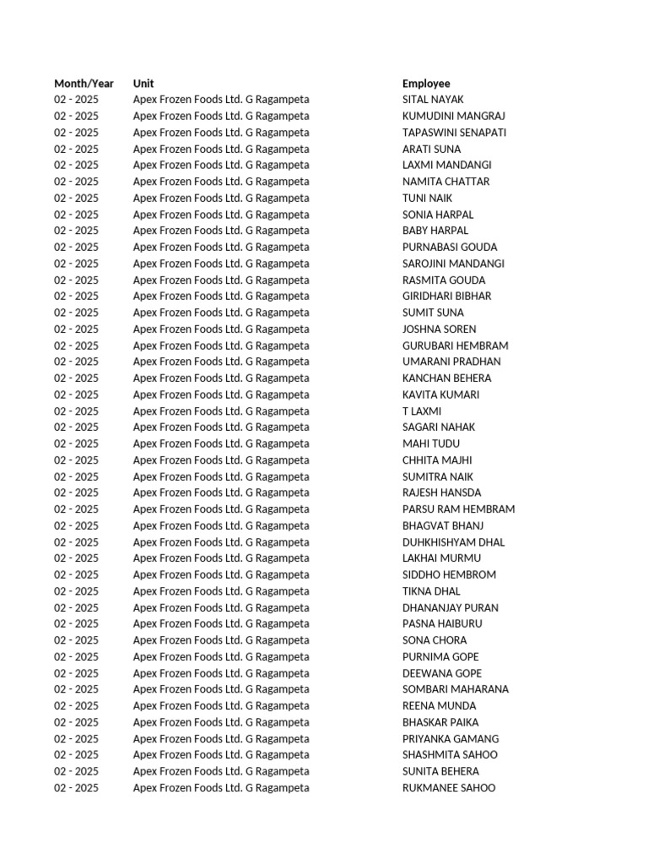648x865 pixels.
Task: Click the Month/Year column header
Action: pyautogui.click(x=84, y=84)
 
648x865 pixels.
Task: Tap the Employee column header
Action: pyautogui.click(x=426, y=84)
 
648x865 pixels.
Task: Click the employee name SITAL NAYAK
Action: pyautogui.click(x=433, y=100)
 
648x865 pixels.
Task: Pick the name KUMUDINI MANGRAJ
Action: pyautogui.click(x=454, y=116)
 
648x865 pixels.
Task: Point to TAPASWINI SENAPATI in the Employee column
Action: pyautogui.click(x=454, y=133)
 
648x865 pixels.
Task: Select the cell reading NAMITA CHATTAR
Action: pyautogui.click(x=445, y=182)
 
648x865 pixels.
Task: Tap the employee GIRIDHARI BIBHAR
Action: pyautogui.click(x=446, y=296)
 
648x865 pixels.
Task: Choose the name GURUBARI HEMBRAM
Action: pyautogui.click(x=455, y=345)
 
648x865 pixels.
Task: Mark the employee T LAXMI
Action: pyautogui.click(x=422, y=411)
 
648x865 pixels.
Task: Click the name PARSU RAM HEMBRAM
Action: pyautogui.click(x=458, y=509)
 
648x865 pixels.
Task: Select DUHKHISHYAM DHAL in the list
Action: pyautogui.click(x=453, y=542)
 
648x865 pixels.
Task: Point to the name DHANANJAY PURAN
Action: pyautogui.click(x=450, y=607)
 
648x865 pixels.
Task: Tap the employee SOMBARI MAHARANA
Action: pyautogui.click(x=456, y=689)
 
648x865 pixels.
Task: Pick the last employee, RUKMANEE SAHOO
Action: pyautogui.click(x=449, y=788)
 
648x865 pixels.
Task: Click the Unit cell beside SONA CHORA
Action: pyautogui.click(x=220, y=640)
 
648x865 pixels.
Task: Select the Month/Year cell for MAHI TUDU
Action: pyautogui.click(x=76, y=443)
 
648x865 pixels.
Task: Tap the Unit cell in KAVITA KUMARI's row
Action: pyautogui.click(x=220, y=394)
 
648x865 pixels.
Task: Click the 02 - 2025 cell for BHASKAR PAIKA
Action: pyautogui.click(x=76, y=722)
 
